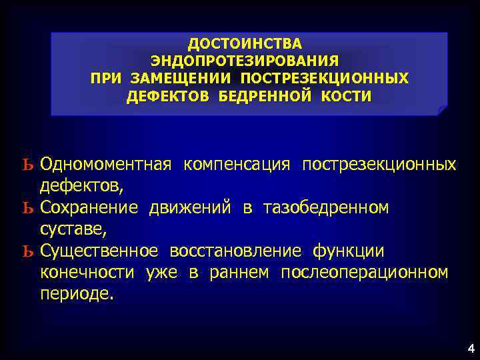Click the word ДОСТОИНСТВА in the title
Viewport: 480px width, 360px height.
point(245,44)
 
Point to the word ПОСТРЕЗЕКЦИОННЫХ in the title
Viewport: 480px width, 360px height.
point(324,79)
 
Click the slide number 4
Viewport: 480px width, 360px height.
point(471,347)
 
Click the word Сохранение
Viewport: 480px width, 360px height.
point(89,209)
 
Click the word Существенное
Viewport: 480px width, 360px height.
point(99,251)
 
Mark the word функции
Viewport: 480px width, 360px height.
point(349,251)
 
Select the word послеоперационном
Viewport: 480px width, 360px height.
point(364,273)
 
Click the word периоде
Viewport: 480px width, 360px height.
point(77,294)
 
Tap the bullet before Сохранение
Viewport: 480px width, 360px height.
point(27,209)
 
